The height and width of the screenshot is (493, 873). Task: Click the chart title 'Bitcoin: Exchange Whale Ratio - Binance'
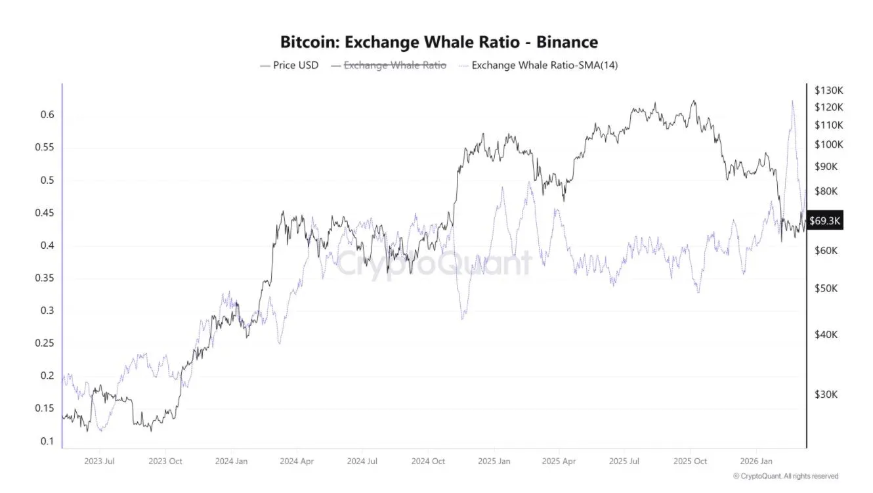438,43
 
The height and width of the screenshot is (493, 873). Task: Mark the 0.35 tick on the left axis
43,278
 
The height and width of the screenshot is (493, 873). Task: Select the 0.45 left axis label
43,213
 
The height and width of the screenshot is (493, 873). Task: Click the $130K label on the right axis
828,90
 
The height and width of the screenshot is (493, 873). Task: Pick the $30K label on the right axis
826,395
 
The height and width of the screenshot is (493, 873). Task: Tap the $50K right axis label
826,289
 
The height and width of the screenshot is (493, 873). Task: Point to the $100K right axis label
828,144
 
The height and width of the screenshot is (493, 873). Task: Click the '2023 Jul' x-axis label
100,461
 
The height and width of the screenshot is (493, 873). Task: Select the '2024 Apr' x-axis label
296,461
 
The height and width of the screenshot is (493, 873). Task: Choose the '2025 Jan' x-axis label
493,461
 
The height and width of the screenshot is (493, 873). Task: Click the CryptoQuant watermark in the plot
433,263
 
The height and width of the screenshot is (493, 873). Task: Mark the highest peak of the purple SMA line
792,100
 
